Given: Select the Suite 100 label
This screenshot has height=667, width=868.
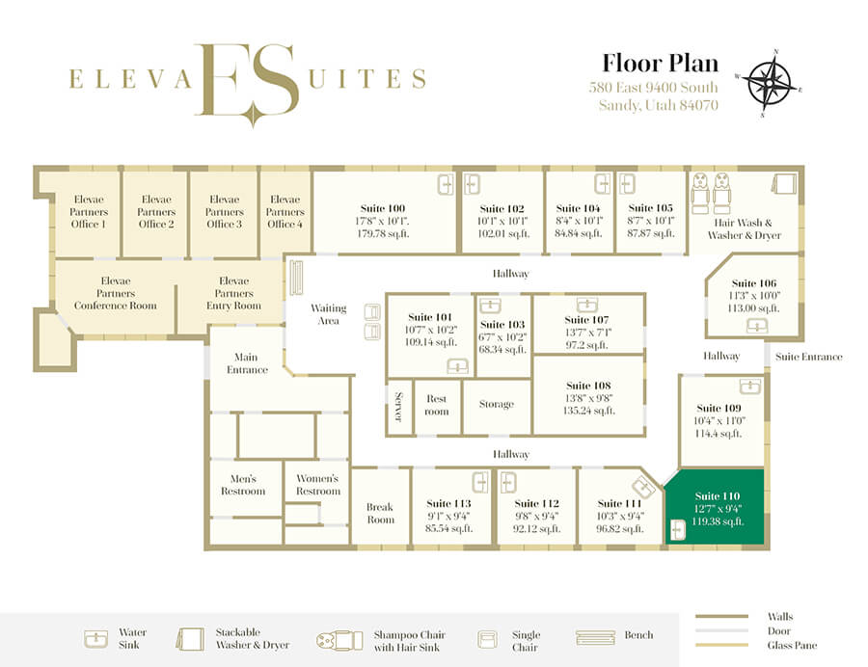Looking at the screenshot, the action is (383, 208).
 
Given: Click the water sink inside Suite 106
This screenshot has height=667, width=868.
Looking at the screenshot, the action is (757, 327).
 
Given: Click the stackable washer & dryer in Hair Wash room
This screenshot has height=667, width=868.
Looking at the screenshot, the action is (783, 184).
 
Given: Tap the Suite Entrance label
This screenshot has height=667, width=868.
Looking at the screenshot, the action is (809, 357).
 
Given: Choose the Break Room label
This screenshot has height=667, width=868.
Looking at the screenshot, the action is (380, 513).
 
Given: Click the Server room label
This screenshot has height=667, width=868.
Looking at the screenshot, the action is (398, 407).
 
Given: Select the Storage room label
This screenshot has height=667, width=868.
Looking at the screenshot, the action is (497, 404).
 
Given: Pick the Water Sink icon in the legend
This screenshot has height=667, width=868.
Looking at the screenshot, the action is (95, 639).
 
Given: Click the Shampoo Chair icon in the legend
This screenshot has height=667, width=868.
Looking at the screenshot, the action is (339, 640).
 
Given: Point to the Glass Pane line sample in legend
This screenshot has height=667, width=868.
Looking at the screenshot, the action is (721, 645).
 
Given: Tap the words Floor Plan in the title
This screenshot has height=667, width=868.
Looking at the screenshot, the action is (660, 63).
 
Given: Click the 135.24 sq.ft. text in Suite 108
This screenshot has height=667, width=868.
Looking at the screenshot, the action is (589, 411).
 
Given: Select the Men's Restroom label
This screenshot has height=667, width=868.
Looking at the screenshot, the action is (243, 485).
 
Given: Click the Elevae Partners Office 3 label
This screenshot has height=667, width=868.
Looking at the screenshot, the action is (224, 211).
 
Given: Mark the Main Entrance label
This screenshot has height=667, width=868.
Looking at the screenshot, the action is (247, 363).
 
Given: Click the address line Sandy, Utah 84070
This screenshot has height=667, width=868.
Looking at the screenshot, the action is (658, 105).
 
